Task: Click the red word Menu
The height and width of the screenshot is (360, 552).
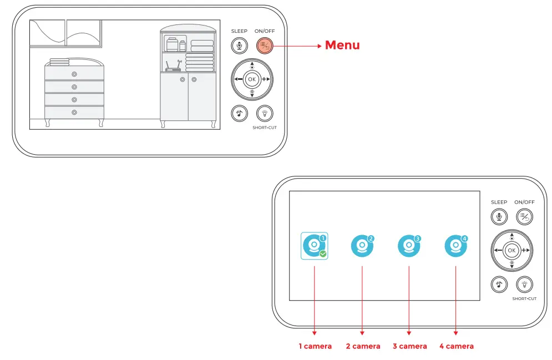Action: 342,45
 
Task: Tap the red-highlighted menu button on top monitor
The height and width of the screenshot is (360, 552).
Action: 264,46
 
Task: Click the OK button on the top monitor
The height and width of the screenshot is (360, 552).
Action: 252,79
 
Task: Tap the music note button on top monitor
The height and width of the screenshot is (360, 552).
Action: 239,113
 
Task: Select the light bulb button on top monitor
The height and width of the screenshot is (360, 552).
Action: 264,113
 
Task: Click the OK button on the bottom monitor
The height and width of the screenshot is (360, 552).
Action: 512,251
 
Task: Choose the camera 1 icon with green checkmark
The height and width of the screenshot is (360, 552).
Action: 315,246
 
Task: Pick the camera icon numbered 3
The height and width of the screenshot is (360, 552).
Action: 409,246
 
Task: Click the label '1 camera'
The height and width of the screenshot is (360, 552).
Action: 315,346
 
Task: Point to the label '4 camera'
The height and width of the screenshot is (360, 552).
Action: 457,346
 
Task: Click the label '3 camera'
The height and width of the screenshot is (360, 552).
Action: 410,346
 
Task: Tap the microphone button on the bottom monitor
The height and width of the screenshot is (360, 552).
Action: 499,217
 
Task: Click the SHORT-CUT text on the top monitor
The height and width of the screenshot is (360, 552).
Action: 264,128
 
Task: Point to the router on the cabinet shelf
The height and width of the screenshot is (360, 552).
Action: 173,68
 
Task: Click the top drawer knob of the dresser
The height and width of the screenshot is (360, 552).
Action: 74,74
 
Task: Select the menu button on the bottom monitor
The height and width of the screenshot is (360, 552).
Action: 524,217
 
